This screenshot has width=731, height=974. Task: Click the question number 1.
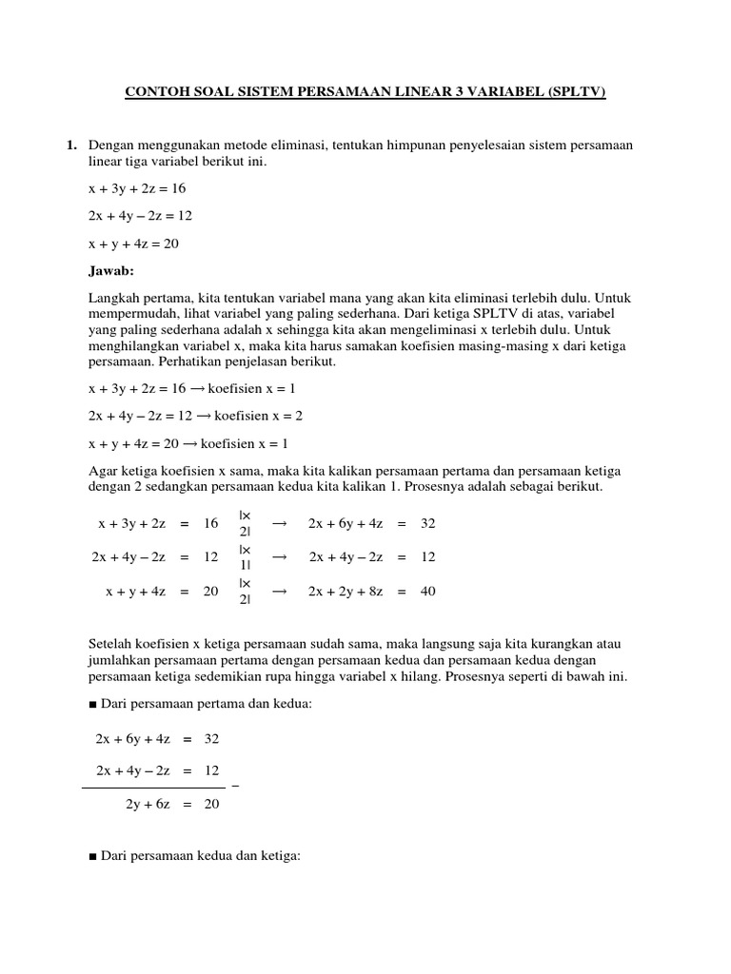(70, 145)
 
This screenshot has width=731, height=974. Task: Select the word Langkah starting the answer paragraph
(113, 298)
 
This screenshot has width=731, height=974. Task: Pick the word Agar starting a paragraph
(102, 470)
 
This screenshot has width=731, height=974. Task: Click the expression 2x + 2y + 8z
(346, 591)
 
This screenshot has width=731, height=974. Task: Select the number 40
(427, 591)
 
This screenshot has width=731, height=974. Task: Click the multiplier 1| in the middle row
(245, 564)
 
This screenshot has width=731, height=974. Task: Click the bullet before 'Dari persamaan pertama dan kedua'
(92, 703)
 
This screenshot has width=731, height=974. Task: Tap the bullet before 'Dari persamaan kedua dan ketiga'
(92, 856)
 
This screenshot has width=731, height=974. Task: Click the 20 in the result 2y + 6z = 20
(211, 804)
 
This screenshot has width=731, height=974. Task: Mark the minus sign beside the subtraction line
(235, 787)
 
